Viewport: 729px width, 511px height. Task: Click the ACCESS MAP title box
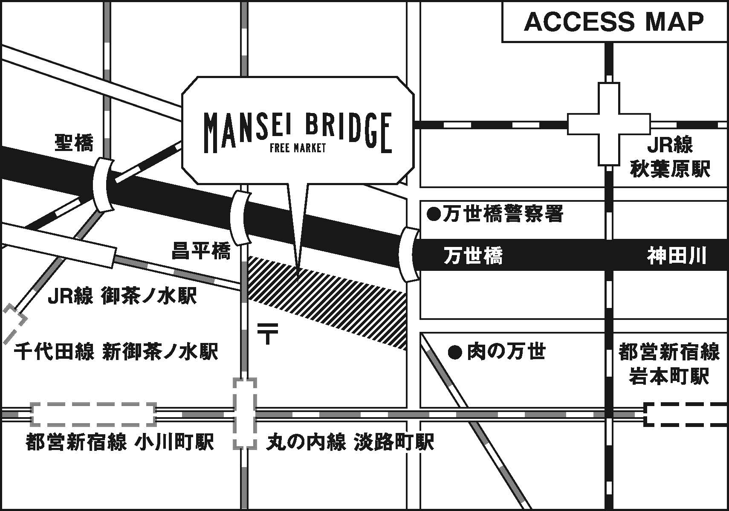pyautogui.click(x=614, y=22)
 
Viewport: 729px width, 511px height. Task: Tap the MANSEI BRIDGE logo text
pyautogui.click(x=297, y=130)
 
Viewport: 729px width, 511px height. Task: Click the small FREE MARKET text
pyautogui.click(x=298, y=148)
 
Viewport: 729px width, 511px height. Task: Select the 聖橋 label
pyautogui.click(x=74, y=142)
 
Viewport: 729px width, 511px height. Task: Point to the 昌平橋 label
pyautogui.click(x=201, y=251)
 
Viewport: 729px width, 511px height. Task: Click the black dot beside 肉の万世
pyautogui.click(x=455, y=353)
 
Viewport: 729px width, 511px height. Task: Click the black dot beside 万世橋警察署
pyautogui.click(x=434, y=214)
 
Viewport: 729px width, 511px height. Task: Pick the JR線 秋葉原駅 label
pyautogui.click(x=670, y=157)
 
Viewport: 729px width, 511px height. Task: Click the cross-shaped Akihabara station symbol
pyautogui.click(x=609, y=124)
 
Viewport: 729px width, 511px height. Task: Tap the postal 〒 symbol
pyautogui.click(x=268, y=333)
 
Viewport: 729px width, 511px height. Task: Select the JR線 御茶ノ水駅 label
pyautogui.click(x=122, y=296)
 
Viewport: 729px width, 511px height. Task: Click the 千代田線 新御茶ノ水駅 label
pyautogui.click(x=116, y=352)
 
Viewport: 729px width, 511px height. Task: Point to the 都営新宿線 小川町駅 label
pyautogui.click(x=119, y=442)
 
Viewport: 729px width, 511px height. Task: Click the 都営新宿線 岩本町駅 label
pyautogui.click(x=669, y=364)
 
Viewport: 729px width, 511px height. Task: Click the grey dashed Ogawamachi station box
pyautogui.click(x=94, y=414)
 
